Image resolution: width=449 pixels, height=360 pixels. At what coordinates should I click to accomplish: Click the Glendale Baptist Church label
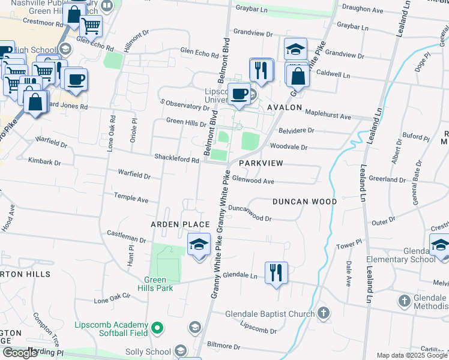pos(270,314)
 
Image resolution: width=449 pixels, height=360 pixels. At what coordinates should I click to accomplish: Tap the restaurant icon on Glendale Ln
pos(276,273)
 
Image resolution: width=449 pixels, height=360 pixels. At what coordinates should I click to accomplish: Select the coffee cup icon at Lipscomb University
pos(239,95)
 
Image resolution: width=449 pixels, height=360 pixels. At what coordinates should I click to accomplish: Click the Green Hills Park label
pos(158,284)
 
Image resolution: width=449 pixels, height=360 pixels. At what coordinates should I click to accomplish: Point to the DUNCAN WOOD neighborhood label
pos(304,202)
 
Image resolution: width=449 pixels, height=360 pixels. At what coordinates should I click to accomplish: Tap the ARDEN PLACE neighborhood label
pos(179,224)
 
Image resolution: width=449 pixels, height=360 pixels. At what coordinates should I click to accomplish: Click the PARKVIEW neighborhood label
pos(261,163)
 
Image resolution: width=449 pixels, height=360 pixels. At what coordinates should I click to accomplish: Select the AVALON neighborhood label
pos(285,107)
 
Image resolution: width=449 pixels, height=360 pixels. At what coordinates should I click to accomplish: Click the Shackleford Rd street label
pos(178,160)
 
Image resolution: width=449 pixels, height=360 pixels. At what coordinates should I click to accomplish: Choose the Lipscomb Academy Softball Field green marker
pos(157,328)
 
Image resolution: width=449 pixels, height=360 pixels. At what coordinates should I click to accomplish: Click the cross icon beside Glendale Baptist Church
pos(324,313)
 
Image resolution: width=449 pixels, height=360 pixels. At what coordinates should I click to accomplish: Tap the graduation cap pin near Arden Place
pos(199,245)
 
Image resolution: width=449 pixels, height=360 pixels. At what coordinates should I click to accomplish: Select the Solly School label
pos(146,352)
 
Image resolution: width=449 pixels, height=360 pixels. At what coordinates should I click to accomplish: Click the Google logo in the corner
pos(20,353)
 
